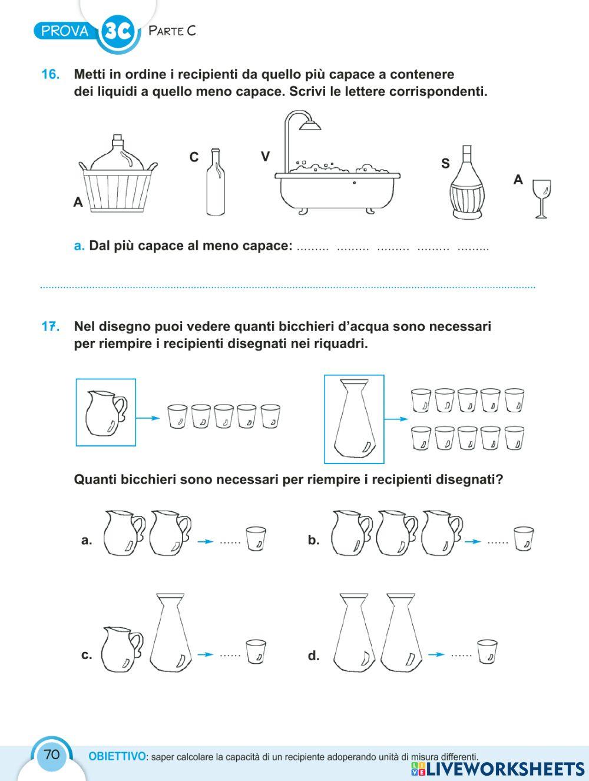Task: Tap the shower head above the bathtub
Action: (309, 124)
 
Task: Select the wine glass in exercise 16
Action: (541, 198)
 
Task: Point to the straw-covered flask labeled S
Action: (466, 184)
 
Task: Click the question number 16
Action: (50, 75)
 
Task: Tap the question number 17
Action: (51, 326)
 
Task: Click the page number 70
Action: (51, 754)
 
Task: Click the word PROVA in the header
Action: (65, 31)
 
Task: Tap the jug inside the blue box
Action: (105, 412)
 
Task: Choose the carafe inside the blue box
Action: (354, 420)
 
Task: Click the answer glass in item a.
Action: (256, 539)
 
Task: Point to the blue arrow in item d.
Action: (436, 654)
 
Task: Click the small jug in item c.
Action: (121, 649)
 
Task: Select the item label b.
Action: (313, 540)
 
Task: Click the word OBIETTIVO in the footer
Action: (117, 756)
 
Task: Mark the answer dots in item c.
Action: (230, 654)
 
